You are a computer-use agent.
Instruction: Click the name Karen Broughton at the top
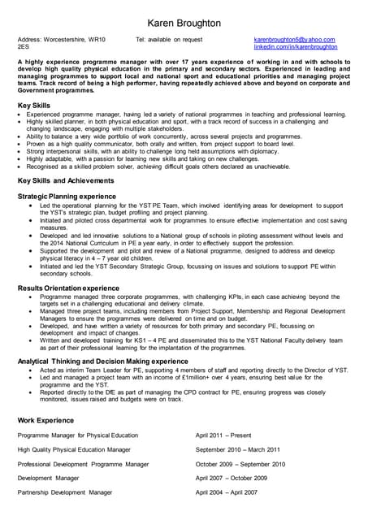(x=184, y=24)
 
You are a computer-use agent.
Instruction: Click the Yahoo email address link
(x=294, y=40)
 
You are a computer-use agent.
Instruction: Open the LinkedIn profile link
(x=295, y=47)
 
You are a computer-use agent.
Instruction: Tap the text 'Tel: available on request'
(x=169, y=40)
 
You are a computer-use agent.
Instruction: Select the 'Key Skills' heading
(x=34, y=106)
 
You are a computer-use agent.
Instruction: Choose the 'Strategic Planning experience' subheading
(x=67, y=197)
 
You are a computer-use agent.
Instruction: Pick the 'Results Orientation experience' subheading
(x=68, y=288)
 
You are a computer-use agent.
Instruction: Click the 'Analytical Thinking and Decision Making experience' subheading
(x=102, y=361)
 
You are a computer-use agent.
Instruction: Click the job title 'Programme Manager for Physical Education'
(x=78, y=435)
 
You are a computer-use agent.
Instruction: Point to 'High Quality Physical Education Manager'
(x=74, y=449)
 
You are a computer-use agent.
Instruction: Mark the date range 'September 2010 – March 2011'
(x=238, y=449)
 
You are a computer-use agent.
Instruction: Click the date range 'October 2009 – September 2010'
(x=240, y=464)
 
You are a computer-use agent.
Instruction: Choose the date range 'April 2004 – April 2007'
(x=232, y=492)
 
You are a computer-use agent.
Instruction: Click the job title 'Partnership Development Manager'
(x=65, y=492)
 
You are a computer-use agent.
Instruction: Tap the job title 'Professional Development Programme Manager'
(x=83, y=464)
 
